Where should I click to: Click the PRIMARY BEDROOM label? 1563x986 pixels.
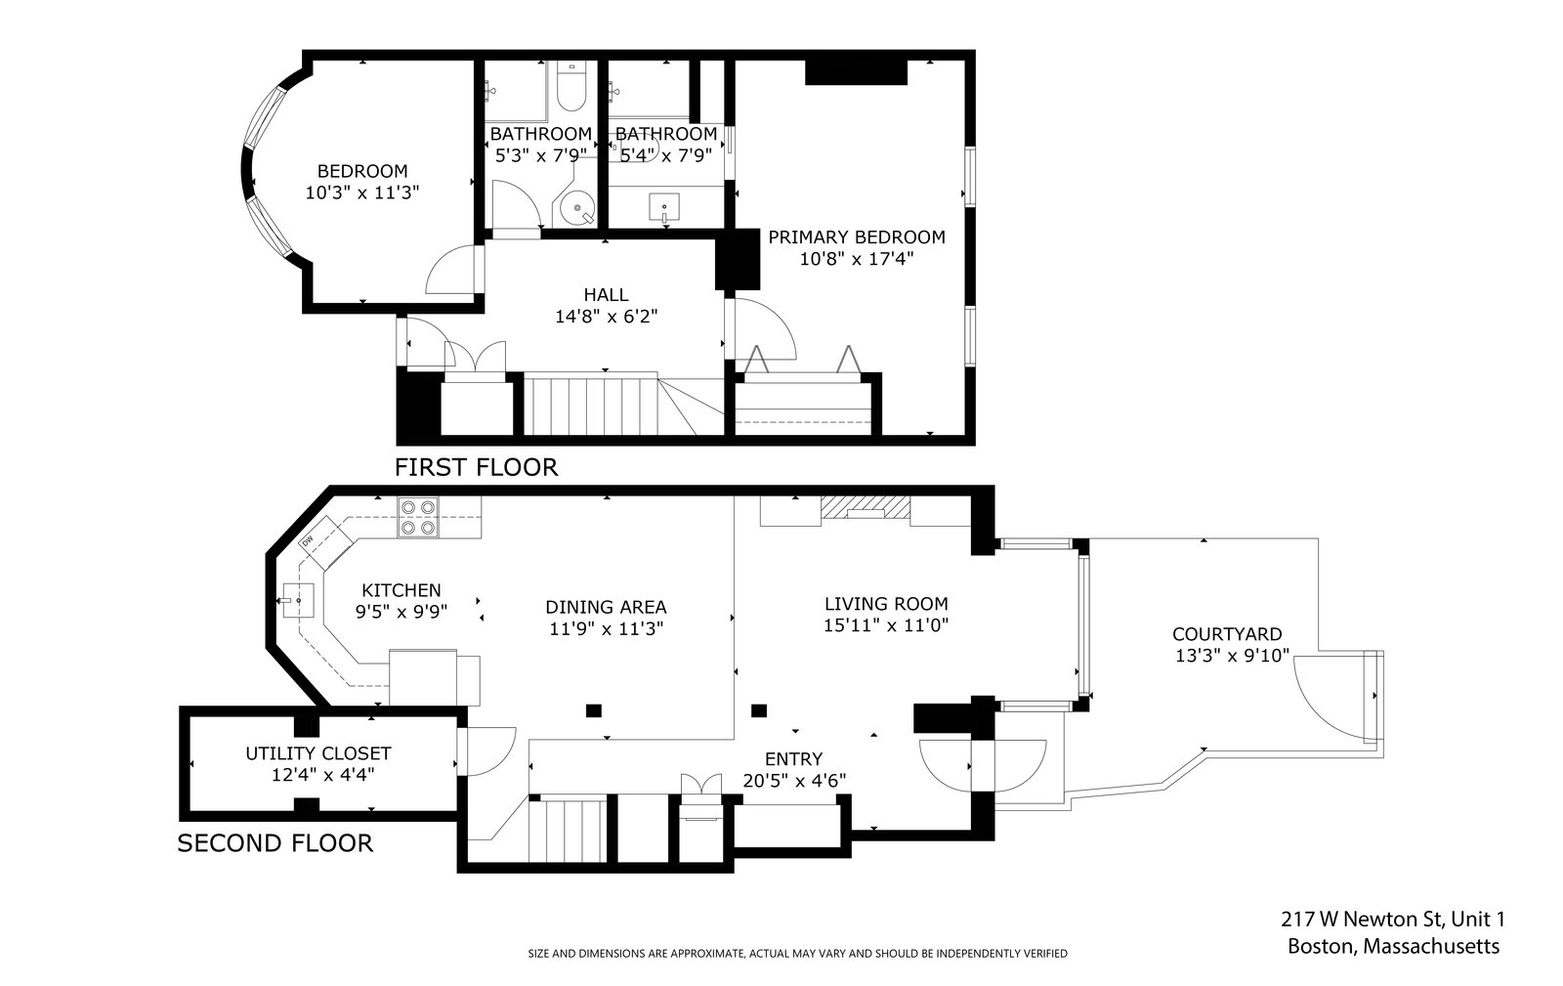pyautogui.click(x=857, y=237)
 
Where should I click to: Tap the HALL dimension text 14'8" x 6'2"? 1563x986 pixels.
pyautogui.click(x=607, y=317)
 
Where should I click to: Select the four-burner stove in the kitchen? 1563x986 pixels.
pyautogui.click(x=418, y=517)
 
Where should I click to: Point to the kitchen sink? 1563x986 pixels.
pyautogui.click(x=298, y=601)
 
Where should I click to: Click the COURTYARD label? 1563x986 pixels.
pyautogui.click(x=1227, y=634)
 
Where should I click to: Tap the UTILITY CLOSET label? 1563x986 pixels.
pyautogui.click(x=318, y=753)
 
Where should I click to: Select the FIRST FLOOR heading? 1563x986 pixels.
pyautogui.click(x=477, y=467)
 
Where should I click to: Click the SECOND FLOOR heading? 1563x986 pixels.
pyautogui.click(x=275, y=843)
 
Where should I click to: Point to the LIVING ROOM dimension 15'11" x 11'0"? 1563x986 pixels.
pyautogui.click(x=886, y=625)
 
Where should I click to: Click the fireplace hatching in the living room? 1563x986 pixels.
pyautogui.click(x=866, y=507)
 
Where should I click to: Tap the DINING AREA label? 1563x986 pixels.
pyautogui.click(x=607, y=607)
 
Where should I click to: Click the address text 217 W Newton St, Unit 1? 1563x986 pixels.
pyautogui.click(x=1393, y=920)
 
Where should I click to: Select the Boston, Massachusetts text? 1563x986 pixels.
pyautogui.click(x=1393, y=946)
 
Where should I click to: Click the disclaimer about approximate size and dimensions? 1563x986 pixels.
pyautogui.click(x=797, y=953)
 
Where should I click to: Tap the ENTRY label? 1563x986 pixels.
pyautogui.click(x=794, y=758)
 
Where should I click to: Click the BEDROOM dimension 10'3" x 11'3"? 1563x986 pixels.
pyautogui.click(x=362, y=193)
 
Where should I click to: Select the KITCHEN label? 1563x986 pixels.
pyautogui.click(x=401, y=590)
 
